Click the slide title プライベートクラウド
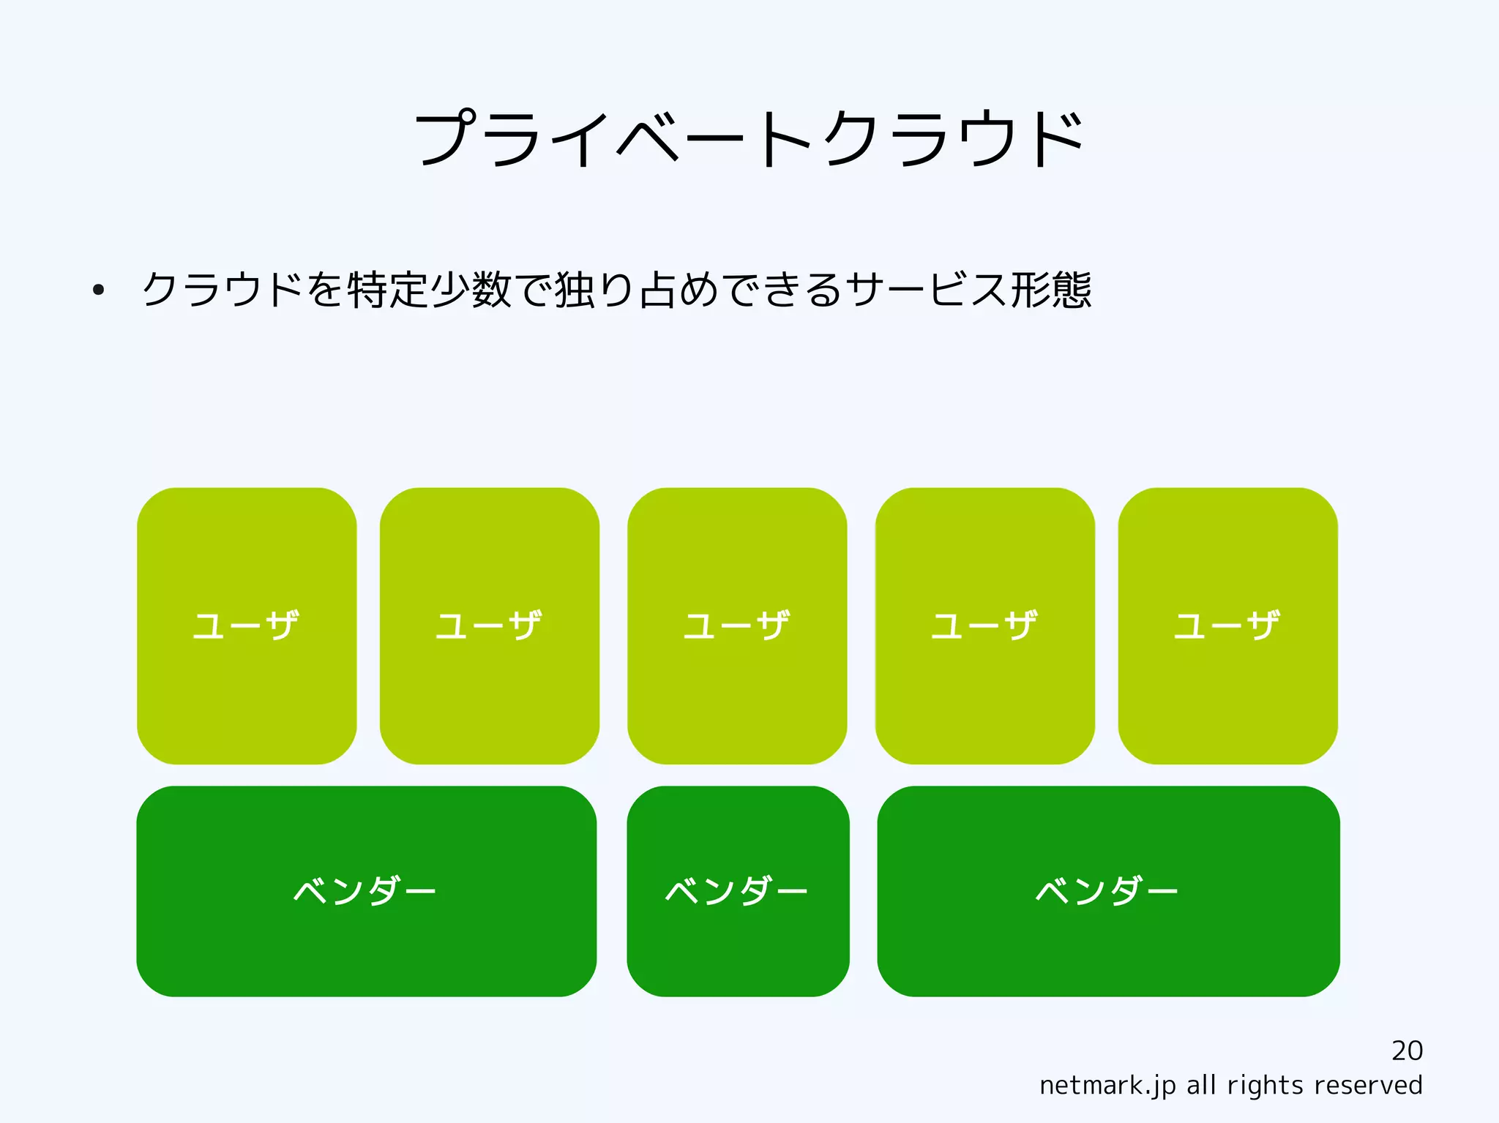749,139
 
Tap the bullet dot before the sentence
98,290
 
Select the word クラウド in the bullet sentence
222,290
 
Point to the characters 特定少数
429,290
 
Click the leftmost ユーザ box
247,626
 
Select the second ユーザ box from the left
489,626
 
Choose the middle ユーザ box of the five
737,626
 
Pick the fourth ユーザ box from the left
984,626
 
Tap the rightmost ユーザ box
1227,626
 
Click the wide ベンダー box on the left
366,891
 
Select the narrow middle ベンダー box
738,891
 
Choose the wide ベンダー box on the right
1108,891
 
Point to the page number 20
1407,1051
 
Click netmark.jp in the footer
1107,1086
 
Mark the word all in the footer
1201,1085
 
